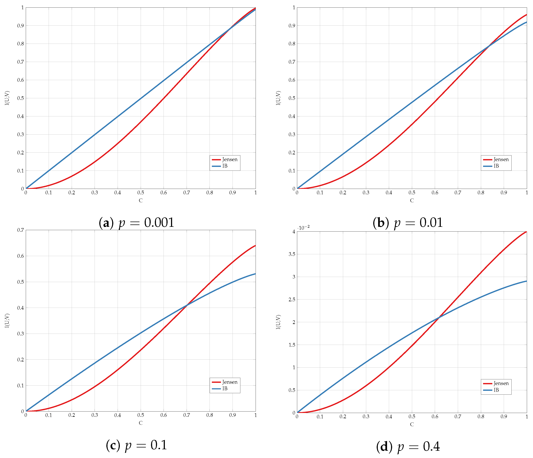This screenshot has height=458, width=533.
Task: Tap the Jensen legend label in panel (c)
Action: tap(229, 382)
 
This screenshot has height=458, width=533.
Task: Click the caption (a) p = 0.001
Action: tap(137, 223)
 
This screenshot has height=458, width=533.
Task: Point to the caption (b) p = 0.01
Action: tap(408, 223)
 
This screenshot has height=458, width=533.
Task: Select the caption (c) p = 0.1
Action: tap(137, 445)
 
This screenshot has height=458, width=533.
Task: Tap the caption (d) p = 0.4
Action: tap(408, 447)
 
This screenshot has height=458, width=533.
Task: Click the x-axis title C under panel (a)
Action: tap(141, 200)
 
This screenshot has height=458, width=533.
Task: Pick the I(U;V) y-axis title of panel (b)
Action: tap(278, 98)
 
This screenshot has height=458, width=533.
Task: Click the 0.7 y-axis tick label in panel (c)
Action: tap(21, 230)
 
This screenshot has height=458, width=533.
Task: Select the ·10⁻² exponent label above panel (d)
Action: tap(304, 227)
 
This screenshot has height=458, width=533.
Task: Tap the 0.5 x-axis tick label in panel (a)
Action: tap(141, 193)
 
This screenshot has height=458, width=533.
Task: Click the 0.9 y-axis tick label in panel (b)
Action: tap(292, 26)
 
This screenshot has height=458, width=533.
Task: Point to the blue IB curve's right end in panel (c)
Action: tap(255, 274)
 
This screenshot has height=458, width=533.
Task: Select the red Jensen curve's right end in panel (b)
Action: tap(526, 15)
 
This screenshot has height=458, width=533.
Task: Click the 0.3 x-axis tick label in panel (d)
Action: tap(366, 417)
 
